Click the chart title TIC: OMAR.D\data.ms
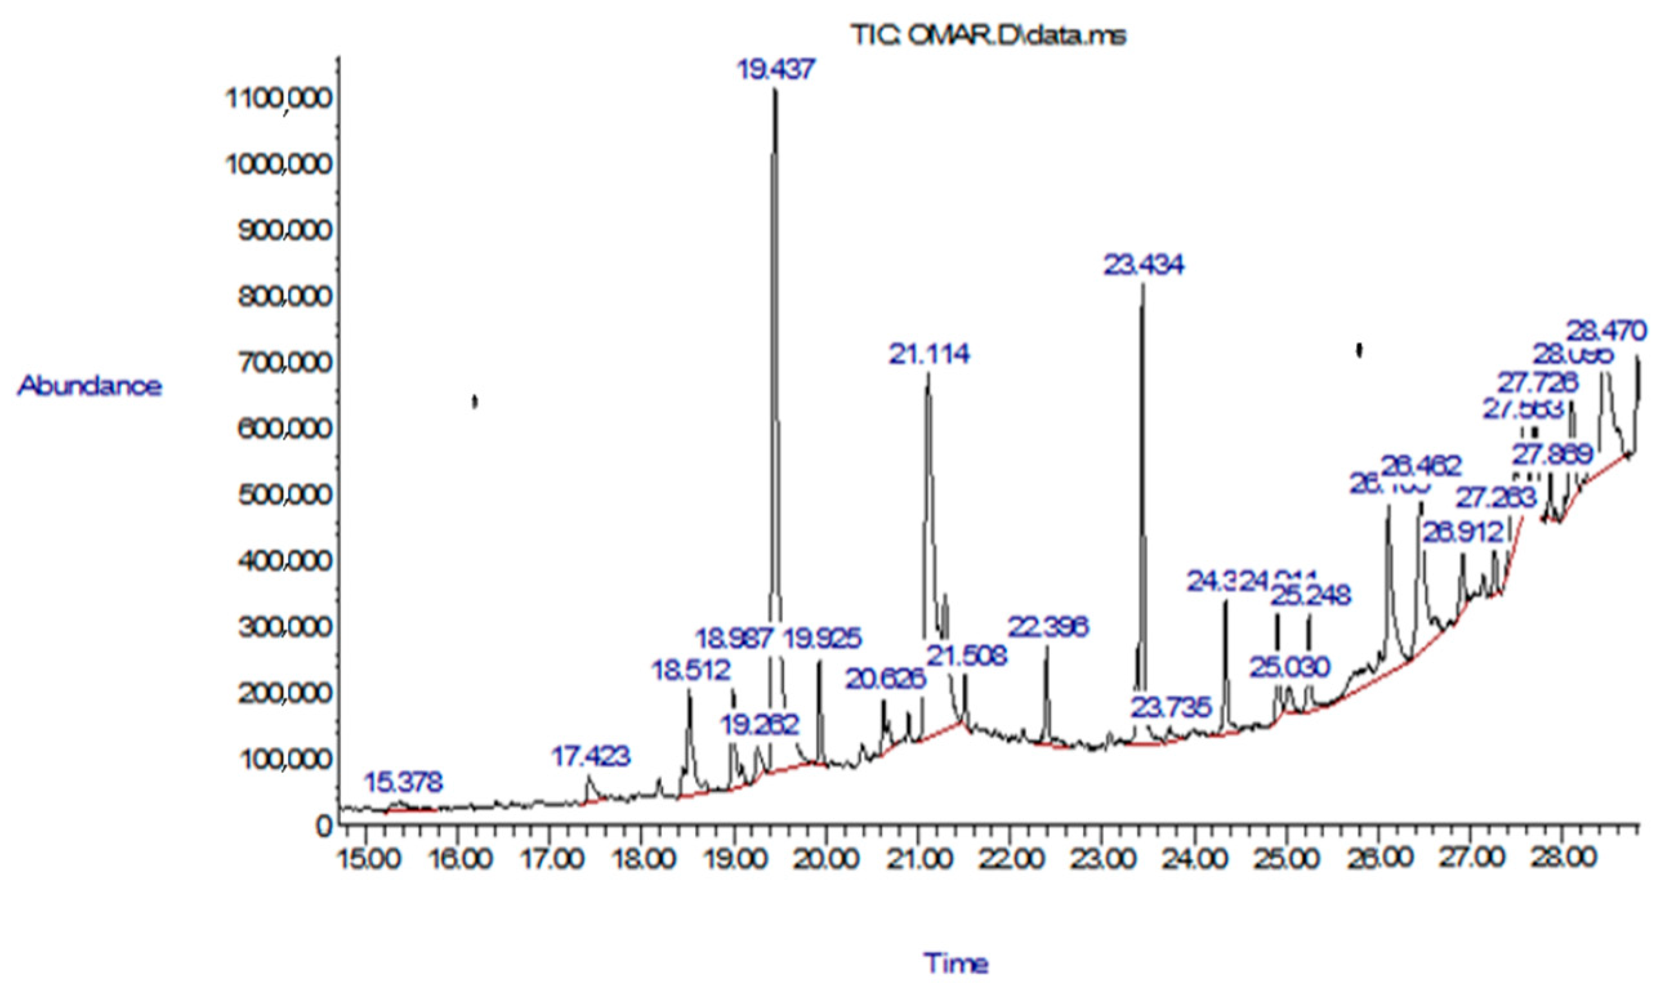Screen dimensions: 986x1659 (x=989, y=36)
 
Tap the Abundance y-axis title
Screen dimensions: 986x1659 (x=90, y=386)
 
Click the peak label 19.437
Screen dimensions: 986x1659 (x=776, y=69)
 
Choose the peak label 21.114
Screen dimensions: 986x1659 (x=929, y=354)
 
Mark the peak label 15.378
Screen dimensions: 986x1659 (x=403, y=782)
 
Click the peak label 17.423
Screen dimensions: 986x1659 (x=591, y=756)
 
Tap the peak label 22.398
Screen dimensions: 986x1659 (x=1048, y=627)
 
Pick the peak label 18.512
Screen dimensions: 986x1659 (x=691, y=670)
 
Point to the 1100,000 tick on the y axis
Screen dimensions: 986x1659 (x=278, y=100)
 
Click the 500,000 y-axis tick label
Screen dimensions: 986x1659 (x=284, y=496)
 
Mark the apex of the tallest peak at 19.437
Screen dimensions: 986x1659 (x=774, y=90)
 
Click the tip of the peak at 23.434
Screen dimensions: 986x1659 (x=1142, y=285)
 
